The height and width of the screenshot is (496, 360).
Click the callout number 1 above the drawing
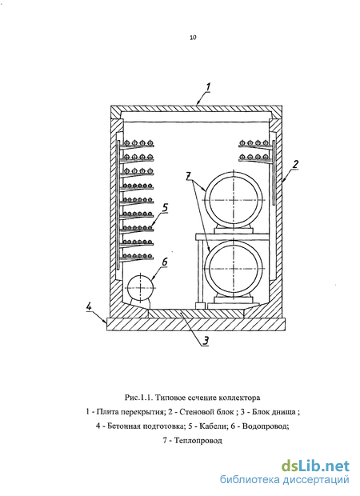208,87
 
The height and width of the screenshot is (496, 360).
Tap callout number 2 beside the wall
295,164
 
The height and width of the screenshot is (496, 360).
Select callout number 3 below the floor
206,341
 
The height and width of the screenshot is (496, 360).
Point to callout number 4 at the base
90,306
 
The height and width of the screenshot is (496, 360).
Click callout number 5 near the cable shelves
165,208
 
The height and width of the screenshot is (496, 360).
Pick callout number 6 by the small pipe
165,262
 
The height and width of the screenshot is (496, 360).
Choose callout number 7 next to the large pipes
189,175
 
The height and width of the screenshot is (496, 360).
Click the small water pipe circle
141,288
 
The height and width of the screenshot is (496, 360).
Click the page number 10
193,38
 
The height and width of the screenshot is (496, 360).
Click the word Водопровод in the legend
265,426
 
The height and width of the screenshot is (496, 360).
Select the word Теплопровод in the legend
198,440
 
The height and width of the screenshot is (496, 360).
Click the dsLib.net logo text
315,466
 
